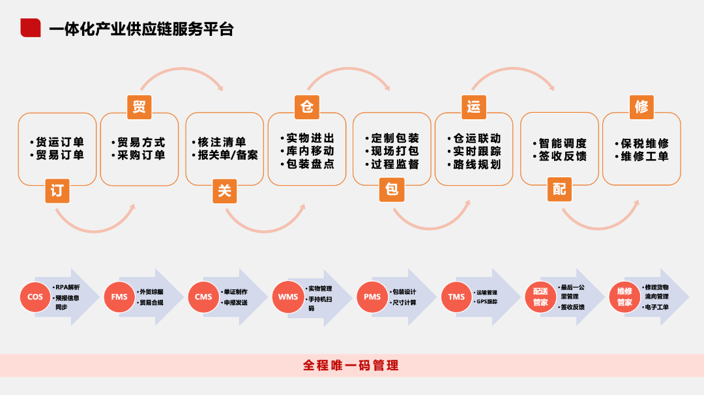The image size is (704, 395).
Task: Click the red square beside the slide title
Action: point(31,27)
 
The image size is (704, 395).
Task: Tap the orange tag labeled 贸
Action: point(139,107)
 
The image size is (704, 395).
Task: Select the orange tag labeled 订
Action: point(57,190)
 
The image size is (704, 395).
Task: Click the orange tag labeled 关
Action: point(224,190)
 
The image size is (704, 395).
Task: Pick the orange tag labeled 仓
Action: point(306,107)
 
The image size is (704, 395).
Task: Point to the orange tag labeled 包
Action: point(392,190)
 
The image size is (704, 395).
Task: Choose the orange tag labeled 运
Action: point(474,107)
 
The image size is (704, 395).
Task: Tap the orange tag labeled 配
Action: point(559,190)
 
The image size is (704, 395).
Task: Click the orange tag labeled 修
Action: point(641,107)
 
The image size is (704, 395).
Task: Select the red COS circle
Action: point(35,297)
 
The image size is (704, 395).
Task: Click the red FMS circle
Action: point(119,297)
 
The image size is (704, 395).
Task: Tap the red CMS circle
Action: point(203,297)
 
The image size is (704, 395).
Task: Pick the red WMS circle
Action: point(288,297)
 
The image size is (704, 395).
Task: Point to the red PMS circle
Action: point(372,297)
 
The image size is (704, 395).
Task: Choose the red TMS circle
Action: point(456,297)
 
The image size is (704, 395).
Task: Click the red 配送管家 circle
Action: point(540,297)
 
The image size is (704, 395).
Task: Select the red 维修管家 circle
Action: point(624,297)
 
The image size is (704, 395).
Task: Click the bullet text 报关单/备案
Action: point(227,155)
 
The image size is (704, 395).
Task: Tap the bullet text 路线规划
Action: point(474,164)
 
